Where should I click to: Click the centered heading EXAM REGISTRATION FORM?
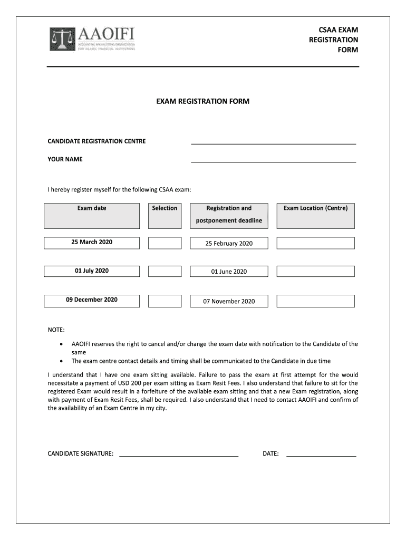[x=202, y=101]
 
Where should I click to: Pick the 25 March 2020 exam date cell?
[x=92, y=243]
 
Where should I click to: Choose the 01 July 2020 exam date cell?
[x=92, y=271]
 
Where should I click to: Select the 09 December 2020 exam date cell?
[x=92, y=300]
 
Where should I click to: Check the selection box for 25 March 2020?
[x=165, y=243]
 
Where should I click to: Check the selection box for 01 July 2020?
[x=165, y=271]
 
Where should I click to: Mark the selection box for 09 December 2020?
[x=165, y=301]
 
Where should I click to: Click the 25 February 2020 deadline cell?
[x=229, y=243]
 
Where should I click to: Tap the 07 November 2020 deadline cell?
[x=229, y=301]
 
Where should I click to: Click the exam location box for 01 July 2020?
[x=315, y=271]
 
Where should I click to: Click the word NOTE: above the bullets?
[x=56, y=330]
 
